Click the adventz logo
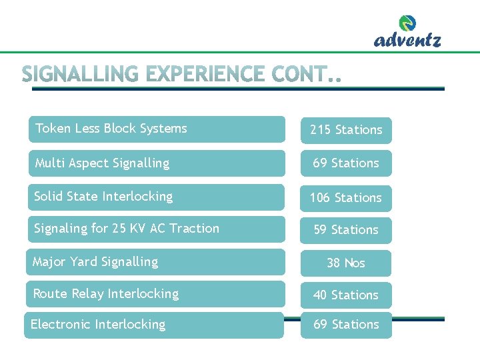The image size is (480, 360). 407,33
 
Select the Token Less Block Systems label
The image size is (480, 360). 111,129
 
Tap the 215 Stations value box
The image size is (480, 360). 346,130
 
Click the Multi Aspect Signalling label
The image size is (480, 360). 102,163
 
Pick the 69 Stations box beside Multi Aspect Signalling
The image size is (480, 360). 346,163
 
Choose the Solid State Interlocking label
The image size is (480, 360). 103,197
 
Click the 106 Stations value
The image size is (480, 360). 346,198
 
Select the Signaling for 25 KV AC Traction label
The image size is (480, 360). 127,229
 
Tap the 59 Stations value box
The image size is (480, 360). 346,230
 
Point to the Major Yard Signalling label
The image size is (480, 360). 95,262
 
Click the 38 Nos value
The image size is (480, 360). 346,263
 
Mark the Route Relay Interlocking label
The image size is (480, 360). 106,294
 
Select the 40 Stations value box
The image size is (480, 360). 346,295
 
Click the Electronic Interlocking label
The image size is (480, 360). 98,325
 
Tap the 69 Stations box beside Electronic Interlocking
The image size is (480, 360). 346,325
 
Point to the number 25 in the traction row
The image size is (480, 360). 119,229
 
